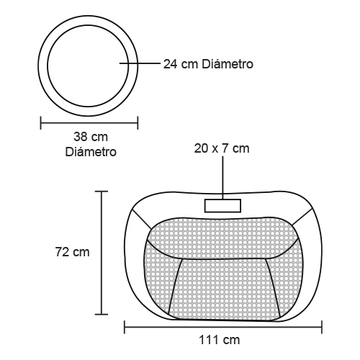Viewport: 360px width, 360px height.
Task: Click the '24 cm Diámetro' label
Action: pos(208,64)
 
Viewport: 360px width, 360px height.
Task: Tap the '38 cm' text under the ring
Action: pos(91,137)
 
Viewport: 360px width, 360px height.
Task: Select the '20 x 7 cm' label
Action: pos(222,148)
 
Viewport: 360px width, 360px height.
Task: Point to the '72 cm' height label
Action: pos(73,252)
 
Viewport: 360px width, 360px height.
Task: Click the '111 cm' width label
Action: pos(220,340)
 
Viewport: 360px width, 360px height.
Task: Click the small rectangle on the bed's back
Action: pos(222,206)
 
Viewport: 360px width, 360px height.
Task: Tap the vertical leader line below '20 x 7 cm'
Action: pos(222,178)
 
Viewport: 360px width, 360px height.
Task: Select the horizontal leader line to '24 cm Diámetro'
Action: pos(140,63)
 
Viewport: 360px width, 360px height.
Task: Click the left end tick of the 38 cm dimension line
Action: pos(40,123)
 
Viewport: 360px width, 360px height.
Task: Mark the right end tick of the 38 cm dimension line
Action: pos(138,123)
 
